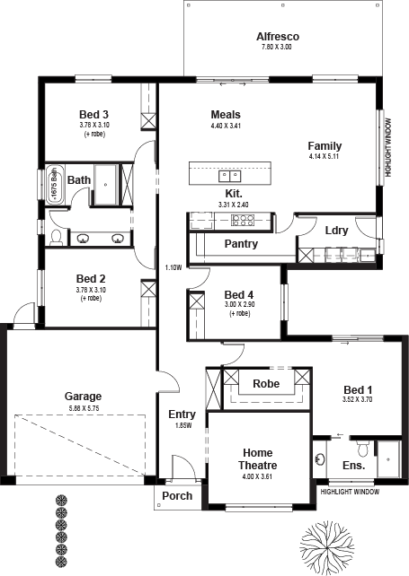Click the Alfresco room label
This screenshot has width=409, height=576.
tap(278, 37)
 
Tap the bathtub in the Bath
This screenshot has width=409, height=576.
tap(55, 184)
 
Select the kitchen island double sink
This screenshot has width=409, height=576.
tap(230, 177)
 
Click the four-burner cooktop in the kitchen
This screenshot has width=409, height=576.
tap(242, 221)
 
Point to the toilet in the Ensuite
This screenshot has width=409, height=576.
tap(363, 449)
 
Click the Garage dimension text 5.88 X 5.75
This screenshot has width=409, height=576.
tap(84, 408)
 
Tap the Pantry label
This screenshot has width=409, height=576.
tap(241, 243)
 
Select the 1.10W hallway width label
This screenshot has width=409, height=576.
tap(173, 267)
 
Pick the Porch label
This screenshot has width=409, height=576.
tap(177, 496)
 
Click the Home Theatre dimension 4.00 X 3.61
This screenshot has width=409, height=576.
tap(257, 476)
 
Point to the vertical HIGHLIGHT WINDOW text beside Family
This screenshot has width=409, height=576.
tap(388, 147)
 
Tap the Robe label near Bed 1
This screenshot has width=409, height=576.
tap(266, 384)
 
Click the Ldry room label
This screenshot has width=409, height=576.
tap(336, 231)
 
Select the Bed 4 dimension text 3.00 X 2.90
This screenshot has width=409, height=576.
tap(240, 304)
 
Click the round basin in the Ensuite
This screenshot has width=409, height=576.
tap(319, 458)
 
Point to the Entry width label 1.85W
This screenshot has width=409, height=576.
tap(183, 426)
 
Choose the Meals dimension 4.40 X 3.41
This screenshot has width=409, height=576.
tap(226, 126)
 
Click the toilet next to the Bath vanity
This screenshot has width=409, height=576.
tap(56, 237)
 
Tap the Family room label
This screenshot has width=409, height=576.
tap(325, 146)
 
